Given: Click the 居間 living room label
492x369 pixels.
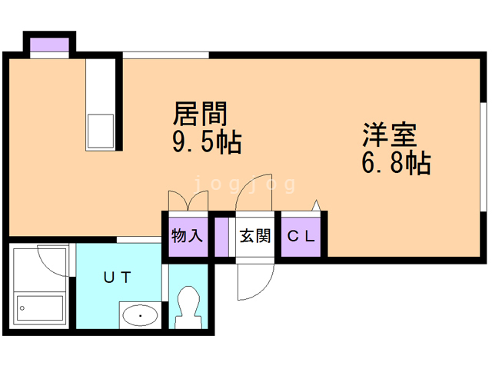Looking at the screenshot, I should tap(200, 115).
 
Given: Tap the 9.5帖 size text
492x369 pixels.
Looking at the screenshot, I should tap(205, 142).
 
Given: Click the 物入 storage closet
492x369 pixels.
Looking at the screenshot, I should tap(187, 236).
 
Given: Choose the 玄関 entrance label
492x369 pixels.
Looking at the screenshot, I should tap(254, 236).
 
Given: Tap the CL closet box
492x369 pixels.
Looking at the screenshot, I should tap(301, 236).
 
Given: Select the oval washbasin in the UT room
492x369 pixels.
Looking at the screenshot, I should tap(139, 314).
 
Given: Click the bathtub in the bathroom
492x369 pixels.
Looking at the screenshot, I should tap(40, 308).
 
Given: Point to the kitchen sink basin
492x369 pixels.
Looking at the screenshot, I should tap(100, 131).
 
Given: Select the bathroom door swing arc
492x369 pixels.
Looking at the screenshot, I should tap(55, 259).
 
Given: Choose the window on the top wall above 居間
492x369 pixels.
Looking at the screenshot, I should tap(165, 55).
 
